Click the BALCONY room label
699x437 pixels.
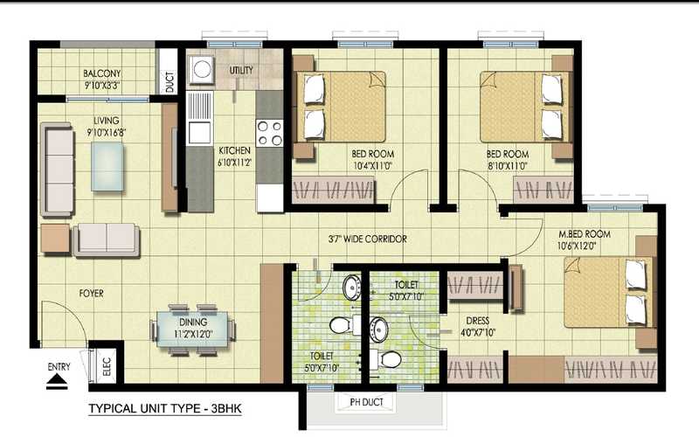click(x=102, y=73)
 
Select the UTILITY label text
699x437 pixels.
click(x=241, y=70)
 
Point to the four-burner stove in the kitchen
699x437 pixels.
click(x=269, y=133)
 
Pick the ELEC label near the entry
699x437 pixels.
click(x=107, y=367)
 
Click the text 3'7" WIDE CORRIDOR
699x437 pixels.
click(x=367, y=239)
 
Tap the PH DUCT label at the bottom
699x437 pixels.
click(x=366, y=402)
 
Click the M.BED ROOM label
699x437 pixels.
click(x=585, y=235)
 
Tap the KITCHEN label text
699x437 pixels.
click(x=234, y=150)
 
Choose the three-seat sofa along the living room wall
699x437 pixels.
click(x=58, y=170)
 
